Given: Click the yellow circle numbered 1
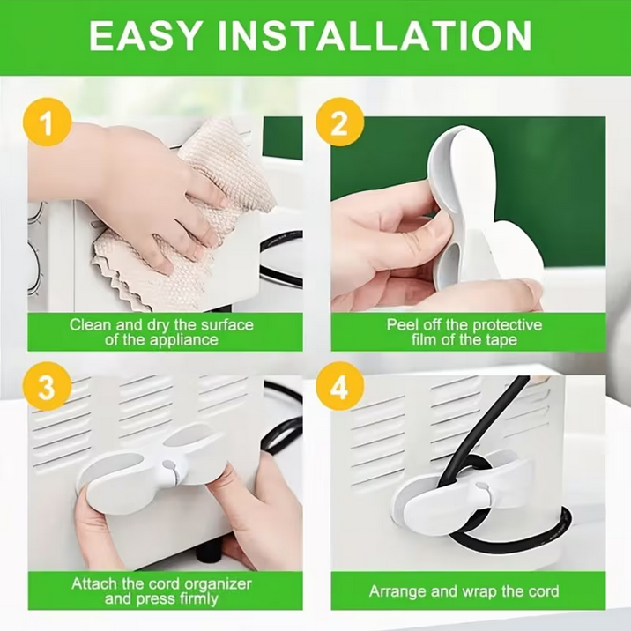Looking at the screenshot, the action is [48, 122].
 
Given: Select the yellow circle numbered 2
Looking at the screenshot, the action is [339, 122].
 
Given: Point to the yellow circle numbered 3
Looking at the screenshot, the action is [47, 386].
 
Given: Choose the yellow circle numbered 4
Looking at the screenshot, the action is [339, 386].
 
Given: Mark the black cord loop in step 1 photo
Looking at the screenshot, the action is [282, 257].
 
